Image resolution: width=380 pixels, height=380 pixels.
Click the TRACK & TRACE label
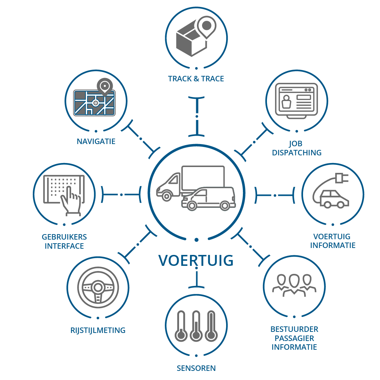tap(196, 78)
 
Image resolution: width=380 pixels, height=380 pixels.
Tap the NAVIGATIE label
tap(96, 141)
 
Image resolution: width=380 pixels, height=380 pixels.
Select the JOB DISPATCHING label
tap(296, 148)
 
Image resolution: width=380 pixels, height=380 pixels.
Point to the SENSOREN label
tap(196, 368)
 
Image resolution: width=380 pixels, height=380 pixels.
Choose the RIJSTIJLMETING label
tap(98, 330)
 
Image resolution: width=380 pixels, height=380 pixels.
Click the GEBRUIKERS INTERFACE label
tap(64, 241)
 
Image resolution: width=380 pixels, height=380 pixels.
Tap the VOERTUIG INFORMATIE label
tap(333, 241)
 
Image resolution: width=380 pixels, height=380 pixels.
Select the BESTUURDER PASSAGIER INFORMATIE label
tap(294, 338)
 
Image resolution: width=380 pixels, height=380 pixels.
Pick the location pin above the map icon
tap(104, 86)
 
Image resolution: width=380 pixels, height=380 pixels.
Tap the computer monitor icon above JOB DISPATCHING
tap(296, 100)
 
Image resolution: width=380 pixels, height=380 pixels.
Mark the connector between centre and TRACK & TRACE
tap(197, 116)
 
